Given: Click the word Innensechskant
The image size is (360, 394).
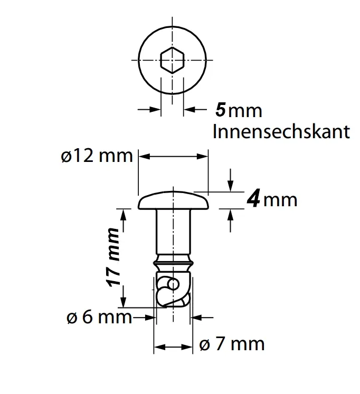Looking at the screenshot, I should (x=281, y=131).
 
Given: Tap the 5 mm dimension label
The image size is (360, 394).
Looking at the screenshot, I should (x=239, y=110).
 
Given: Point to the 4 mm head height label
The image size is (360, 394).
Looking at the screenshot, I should (x=272, y=200).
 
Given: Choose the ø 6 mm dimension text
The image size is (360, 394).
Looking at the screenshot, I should (x=99, y=318).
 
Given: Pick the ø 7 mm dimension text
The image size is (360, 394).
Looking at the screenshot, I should (x=231, y=344).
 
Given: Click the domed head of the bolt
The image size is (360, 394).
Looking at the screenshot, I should (x=174, y=201).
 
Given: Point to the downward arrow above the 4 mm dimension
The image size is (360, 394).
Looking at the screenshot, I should (x=230, y=180).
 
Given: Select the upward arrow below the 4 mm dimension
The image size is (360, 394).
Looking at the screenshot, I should (x=230, y=219).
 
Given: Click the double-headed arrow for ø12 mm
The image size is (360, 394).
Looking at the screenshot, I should (x=174, y=156).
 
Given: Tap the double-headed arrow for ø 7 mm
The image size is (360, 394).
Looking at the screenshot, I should (x=173, y=348).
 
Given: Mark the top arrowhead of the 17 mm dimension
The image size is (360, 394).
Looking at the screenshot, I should (x=124, y=215).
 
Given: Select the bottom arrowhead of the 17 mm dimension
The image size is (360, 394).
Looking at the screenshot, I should (x=124, y=302).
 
